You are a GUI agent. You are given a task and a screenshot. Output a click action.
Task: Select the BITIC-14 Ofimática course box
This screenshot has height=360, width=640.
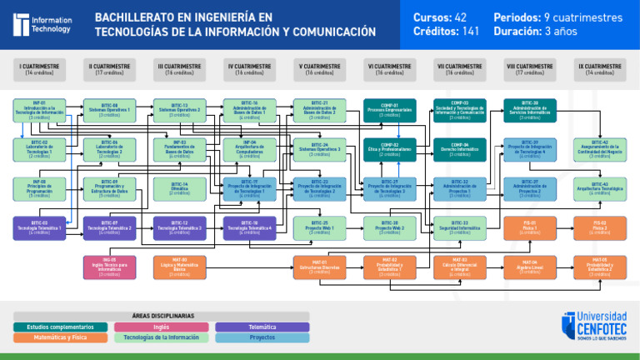tap(180, 188)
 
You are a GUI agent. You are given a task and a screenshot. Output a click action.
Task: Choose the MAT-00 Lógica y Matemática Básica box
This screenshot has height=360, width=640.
tap(180, 266)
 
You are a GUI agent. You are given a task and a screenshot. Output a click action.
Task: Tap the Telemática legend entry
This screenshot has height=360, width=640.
tap(262, 327)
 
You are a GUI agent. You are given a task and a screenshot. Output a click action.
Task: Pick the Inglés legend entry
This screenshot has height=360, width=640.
tap(161, 327)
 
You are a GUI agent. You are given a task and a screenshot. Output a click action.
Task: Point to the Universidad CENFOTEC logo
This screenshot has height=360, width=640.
tap(595, 326)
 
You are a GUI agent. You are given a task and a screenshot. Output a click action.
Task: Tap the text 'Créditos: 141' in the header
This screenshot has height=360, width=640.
tap(446, 32)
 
